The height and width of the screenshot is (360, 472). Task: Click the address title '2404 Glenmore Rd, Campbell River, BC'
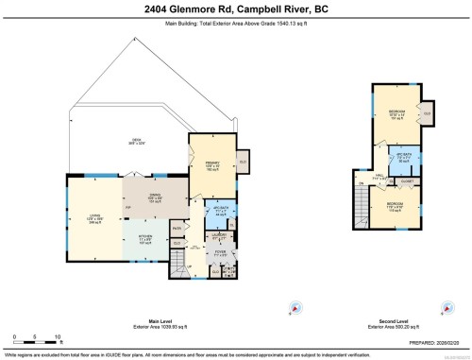[x=236, y=9]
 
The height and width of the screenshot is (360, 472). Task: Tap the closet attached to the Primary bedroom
[x=242, y=161]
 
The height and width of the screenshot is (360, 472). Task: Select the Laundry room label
[x=219, y=236]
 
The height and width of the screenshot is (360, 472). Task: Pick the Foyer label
[x=219, y=253]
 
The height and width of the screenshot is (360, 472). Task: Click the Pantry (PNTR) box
[x=176, y=227]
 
